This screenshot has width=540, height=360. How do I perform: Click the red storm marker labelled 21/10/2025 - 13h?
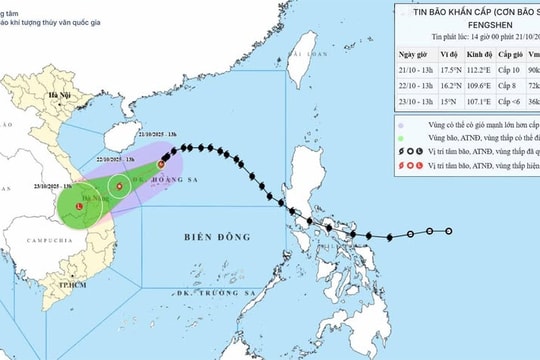pyautogui.click(x=161, y=163)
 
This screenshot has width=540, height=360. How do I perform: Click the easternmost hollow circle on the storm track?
pyautogui.click(x=448, y=232)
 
